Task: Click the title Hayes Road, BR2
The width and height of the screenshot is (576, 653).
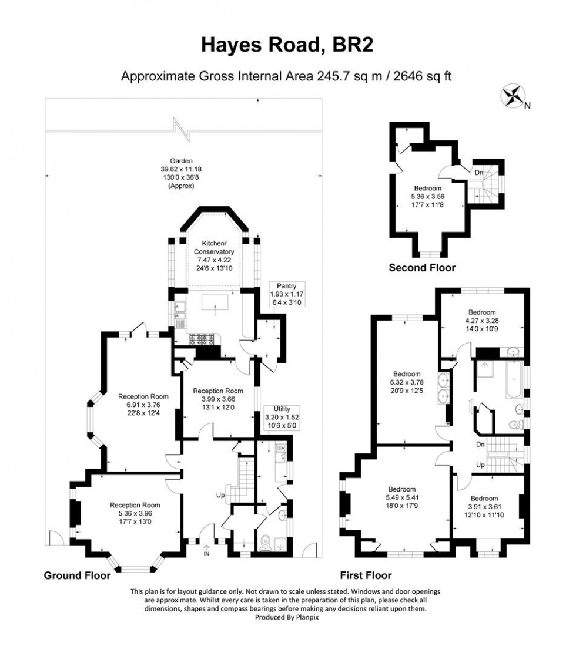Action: pyautogui.click(x=287, y=45)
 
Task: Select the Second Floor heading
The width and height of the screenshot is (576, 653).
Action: pyautogui.click(x=422, y=268)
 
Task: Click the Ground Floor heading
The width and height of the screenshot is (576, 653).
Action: pyautogui.click(x=77, y=575)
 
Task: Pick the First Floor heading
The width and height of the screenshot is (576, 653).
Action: pyautogui.click(x=365, y=575)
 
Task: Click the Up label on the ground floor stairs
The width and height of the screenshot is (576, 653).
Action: pyautogui.click(x=220, y=496)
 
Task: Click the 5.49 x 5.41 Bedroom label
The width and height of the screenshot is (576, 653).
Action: pyautogui.click(x=402, y=499)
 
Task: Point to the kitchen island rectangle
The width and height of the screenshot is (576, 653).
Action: pyautogui.click(x=215, y=303)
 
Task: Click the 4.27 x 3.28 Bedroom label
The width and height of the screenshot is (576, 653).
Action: pyautogui.click(x=482, y=321)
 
